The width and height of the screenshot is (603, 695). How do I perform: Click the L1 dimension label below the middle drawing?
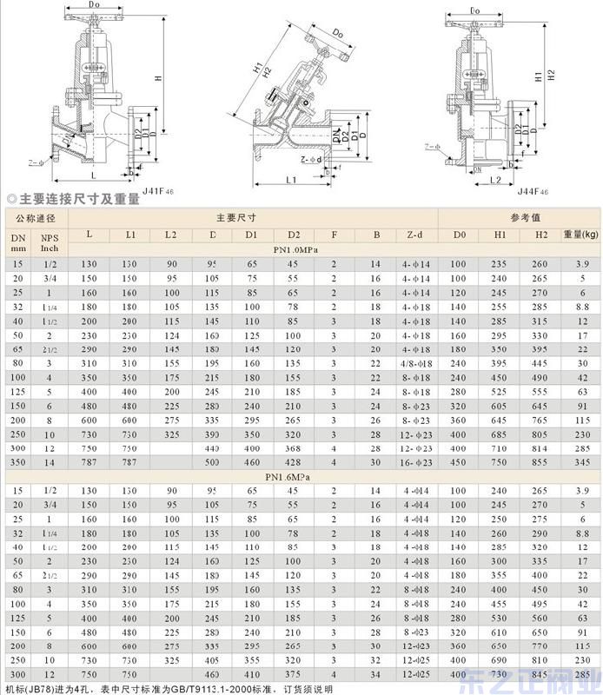290,180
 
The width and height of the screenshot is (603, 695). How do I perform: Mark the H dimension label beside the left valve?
158,78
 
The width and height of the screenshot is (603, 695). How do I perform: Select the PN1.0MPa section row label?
294,249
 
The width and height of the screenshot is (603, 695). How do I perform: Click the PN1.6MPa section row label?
294,477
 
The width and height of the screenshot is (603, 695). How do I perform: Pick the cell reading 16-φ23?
416,463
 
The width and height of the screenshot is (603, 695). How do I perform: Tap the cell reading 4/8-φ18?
416,362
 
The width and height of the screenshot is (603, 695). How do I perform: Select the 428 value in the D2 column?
294,463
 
